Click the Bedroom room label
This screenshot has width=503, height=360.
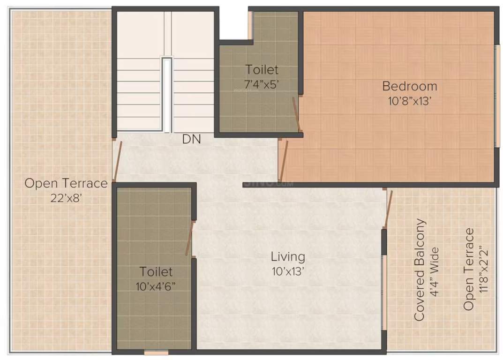click(409, 86)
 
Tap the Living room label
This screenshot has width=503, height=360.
click(288, 257)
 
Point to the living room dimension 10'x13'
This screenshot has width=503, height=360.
click(288, 271)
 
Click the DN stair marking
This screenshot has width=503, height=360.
click(192, 139)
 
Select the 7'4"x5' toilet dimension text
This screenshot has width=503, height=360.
click(262, 84)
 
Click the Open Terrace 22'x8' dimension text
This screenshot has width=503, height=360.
click(66, 198)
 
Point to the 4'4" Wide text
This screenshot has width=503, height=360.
click(435, 270)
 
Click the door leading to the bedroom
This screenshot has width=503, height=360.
click(283, 159)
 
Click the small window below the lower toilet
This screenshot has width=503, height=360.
click(156, 352)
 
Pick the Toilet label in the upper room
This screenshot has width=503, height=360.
click(262, 70)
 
